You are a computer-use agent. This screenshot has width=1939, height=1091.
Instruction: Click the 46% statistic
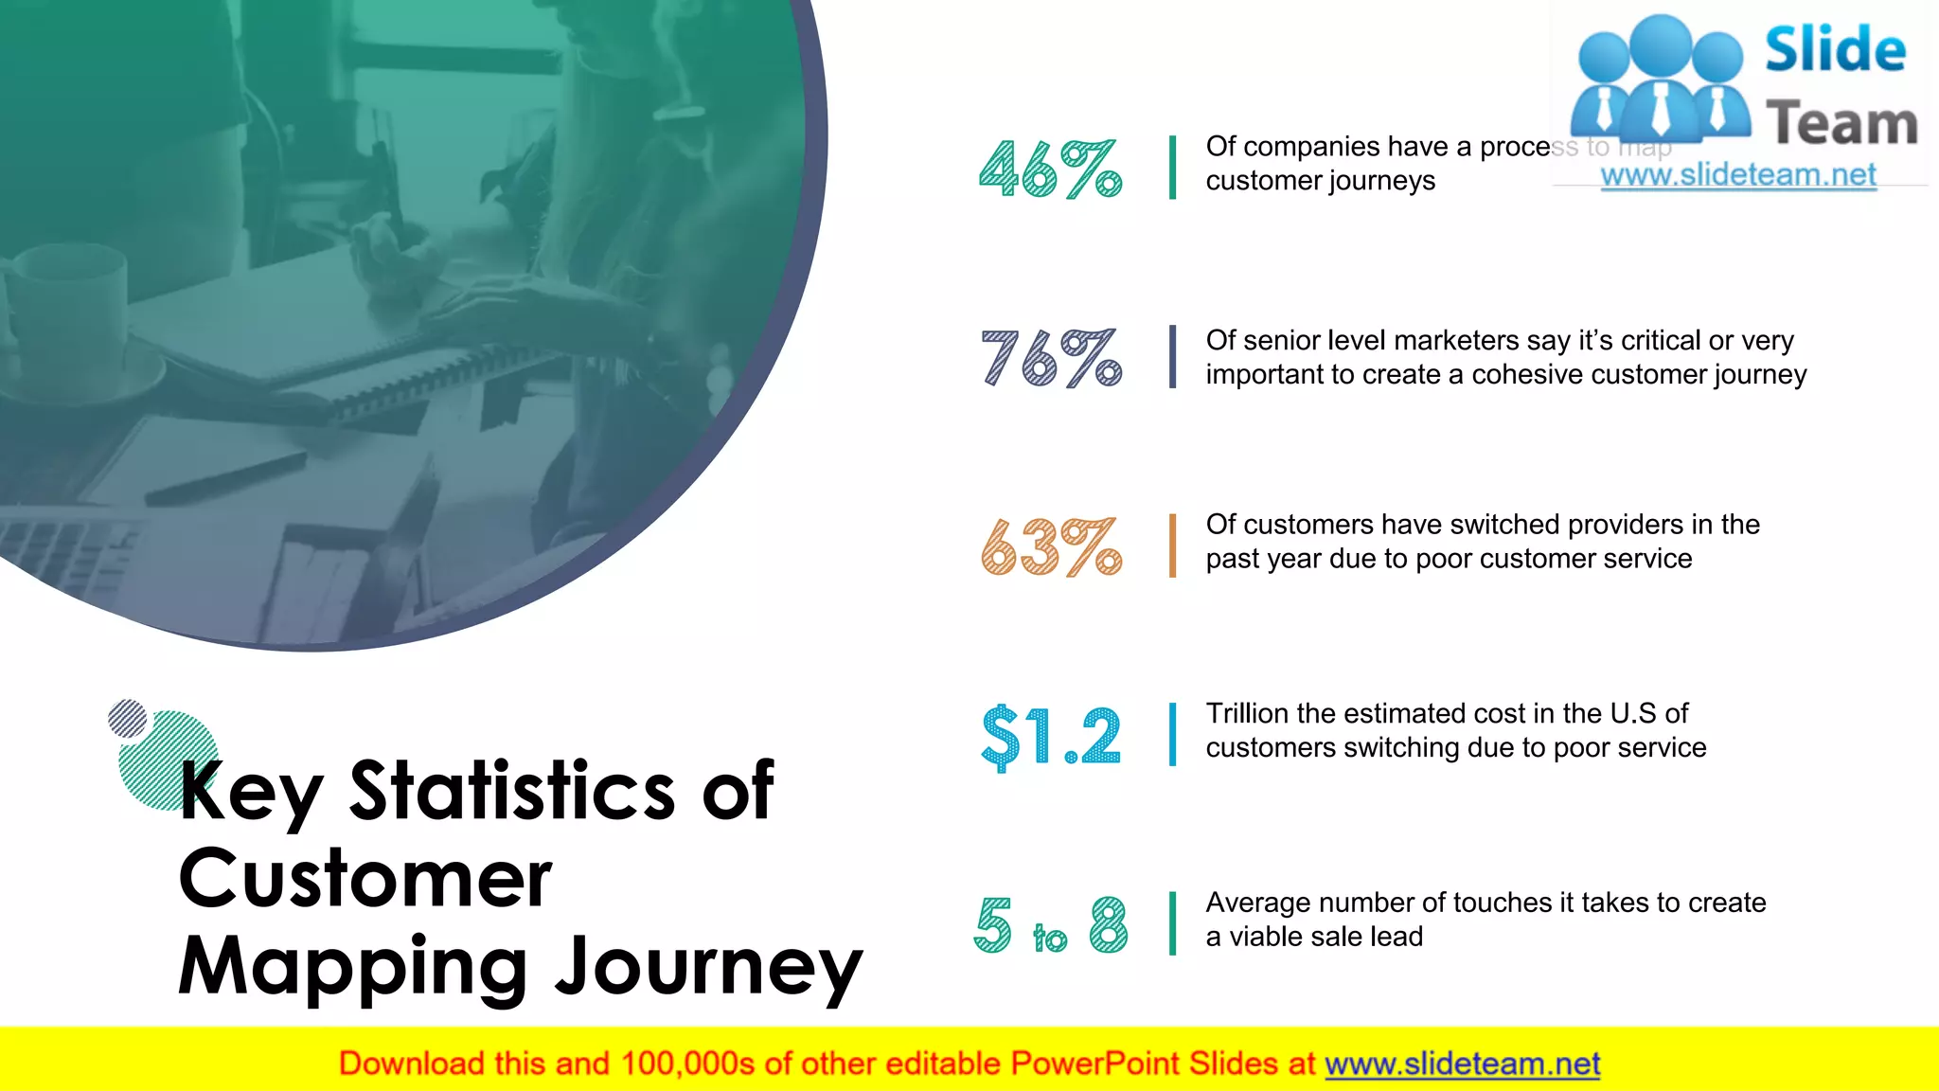coord(1050,169)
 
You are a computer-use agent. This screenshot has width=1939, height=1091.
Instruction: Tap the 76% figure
coord(1050,358)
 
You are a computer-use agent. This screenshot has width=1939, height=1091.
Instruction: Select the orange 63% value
coord(1050,546)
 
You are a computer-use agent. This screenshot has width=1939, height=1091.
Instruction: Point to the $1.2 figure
coord(1051,736)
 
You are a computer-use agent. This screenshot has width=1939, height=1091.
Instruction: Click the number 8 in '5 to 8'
coord(1108,924)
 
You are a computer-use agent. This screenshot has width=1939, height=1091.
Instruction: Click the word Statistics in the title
coord(511,791)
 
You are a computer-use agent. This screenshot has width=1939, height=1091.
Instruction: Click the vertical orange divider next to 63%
coord(1172,545)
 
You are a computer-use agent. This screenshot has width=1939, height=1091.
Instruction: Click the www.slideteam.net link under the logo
coord(1737,175)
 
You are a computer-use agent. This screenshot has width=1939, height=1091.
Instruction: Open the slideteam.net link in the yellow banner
coord(1462,1064)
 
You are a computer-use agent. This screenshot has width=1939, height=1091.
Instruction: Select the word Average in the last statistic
coord(1257,903)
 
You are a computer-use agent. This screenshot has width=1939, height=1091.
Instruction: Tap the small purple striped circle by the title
coord(128,719)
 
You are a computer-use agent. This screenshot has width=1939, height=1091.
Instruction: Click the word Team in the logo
coord(1841,124)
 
